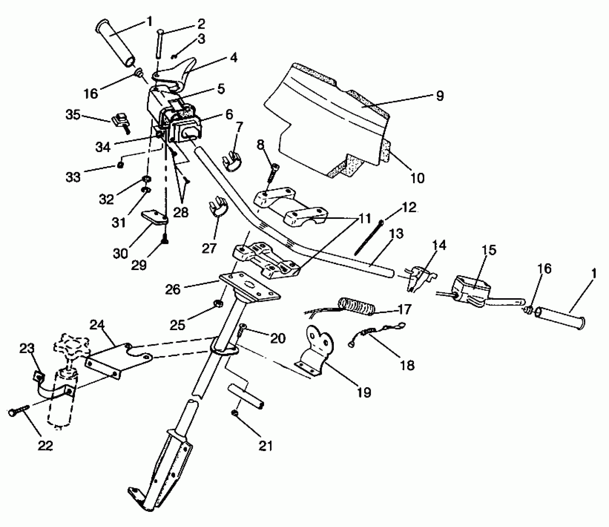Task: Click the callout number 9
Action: pos(440,95)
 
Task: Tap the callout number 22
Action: pos(45,446)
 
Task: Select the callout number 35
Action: pos(73,115)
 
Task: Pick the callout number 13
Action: pos(395,234)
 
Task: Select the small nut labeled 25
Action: pos(218,303)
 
